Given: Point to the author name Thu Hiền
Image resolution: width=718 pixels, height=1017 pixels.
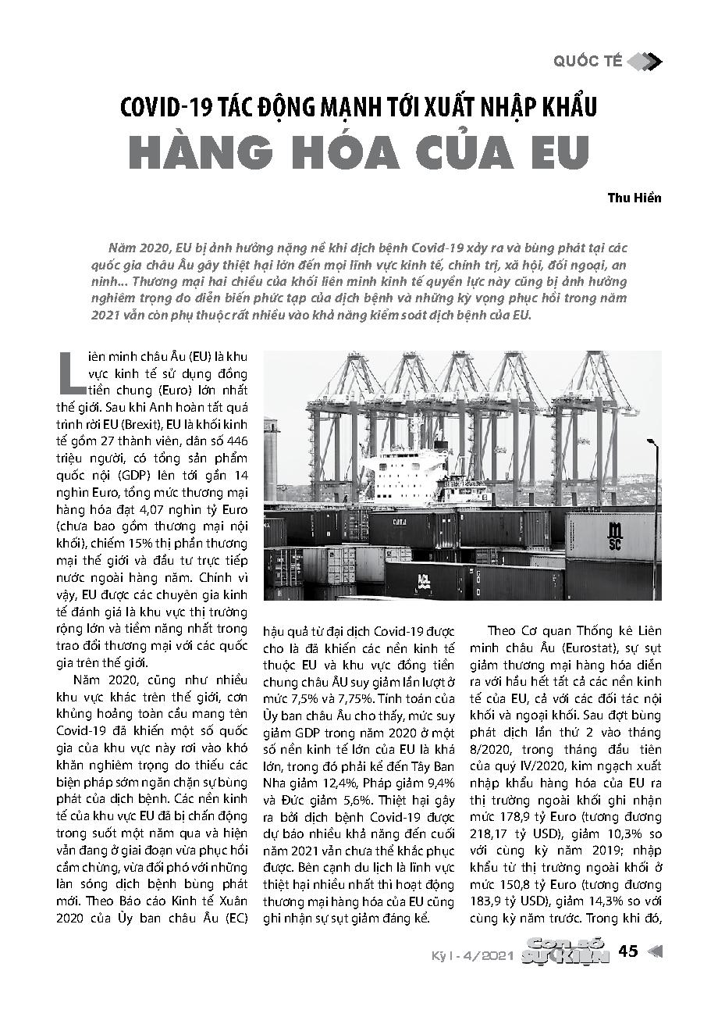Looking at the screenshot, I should click(x=634, y=198).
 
